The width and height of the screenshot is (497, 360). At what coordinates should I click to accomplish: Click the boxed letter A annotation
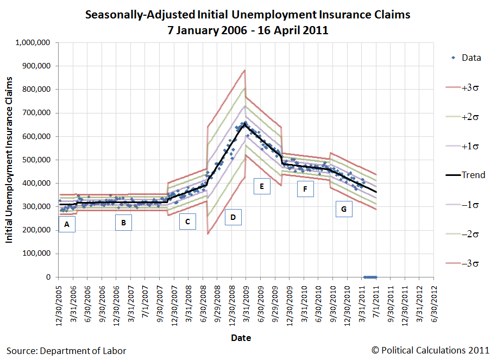(x=67, y=224)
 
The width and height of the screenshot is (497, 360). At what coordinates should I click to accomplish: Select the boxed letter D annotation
(x=233, y=217)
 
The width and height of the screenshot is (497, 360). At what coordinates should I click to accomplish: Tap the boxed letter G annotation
(x=344, y=209)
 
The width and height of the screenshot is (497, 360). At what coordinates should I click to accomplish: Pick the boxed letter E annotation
(x=262, y=186)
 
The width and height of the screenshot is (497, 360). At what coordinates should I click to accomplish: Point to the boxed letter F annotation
(x=305, y=189)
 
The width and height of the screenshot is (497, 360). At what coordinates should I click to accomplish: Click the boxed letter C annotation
(x=187, y=221)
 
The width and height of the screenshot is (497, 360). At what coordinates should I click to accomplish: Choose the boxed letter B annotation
(x=124, y=223)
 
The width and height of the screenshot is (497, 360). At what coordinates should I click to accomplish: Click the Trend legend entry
(x=465, y=175)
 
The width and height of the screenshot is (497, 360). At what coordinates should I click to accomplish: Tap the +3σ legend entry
(x=462, y=87)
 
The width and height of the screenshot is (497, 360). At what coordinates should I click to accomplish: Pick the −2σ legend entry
(x=462, y=234)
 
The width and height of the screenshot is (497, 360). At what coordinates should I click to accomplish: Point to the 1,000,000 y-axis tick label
(x=33, y=42)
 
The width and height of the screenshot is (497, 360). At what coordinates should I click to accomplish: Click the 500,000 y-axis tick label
(x=36, y=160)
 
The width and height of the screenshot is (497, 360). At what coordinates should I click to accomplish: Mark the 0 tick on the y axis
(x=48, y=277)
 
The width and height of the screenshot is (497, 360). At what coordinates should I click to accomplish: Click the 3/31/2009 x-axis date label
(x=246, y=304)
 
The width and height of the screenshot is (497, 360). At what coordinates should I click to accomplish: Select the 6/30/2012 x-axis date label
(x=434, y=304)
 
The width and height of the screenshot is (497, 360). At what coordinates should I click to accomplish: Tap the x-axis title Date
(x=241, y=338)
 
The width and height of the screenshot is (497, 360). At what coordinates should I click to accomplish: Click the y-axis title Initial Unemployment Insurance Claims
(x=9, y=160)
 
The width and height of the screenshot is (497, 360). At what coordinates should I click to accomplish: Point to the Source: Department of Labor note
(x=66, y=351)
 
